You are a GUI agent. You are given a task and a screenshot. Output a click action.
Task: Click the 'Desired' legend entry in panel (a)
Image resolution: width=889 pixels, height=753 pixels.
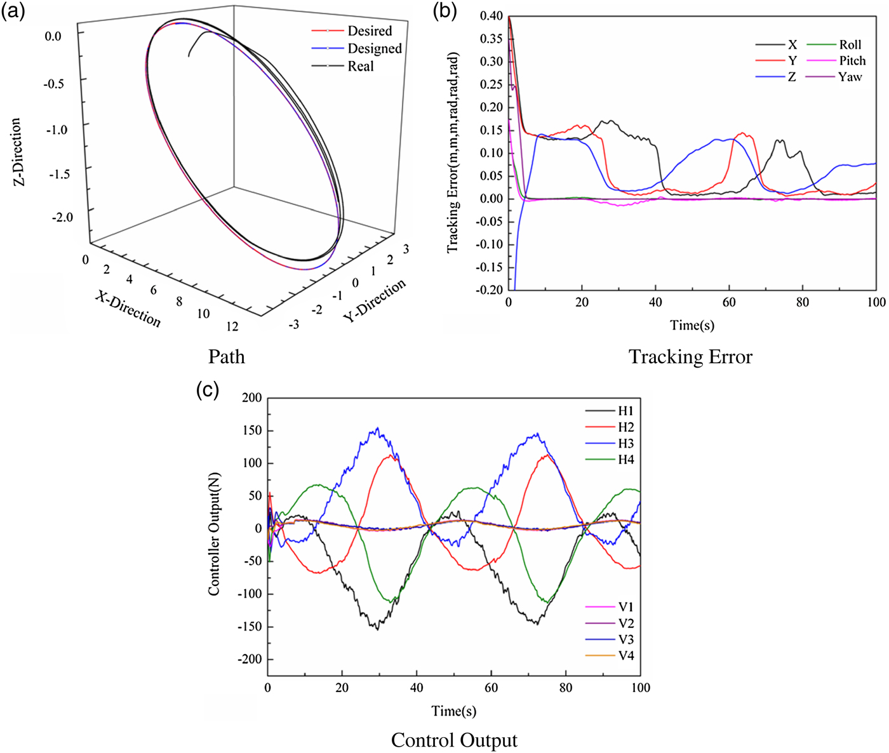click(x=369, y=31)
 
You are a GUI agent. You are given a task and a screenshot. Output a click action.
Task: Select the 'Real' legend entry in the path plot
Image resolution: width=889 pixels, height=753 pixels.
click(x=360, y=67)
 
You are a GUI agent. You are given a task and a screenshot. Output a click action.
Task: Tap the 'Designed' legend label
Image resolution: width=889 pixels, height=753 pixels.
click(x=374, y=49)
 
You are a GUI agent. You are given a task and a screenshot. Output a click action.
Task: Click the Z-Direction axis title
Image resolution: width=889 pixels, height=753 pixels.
click(x=17, y=152)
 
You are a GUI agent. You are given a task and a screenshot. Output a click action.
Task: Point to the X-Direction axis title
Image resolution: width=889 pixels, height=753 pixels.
click(x=128, y=309)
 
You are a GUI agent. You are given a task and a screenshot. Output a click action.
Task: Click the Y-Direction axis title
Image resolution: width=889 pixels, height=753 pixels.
click(x=375, y=300)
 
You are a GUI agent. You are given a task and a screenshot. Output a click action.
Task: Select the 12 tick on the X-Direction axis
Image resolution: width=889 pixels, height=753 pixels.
click(x=232, y=326)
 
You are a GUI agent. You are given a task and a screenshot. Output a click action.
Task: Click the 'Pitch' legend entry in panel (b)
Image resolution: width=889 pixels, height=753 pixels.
click(x=852, y=61)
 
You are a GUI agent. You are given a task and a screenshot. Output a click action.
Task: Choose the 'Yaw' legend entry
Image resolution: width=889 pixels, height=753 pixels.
click(x=850, y=77)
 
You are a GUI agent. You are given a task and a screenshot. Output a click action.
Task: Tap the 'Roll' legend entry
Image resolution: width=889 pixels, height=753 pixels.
click(x=850, y=44)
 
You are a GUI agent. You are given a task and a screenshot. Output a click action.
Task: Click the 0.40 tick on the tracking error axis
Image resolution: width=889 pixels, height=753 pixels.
click(x=491, y=16)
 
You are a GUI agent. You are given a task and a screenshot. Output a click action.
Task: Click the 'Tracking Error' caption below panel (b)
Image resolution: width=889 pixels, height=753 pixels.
click(x=690, y=357)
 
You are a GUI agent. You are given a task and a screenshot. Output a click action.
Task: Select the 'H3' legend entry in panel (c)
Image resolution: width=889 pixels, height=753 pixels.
click(x=625, y=444)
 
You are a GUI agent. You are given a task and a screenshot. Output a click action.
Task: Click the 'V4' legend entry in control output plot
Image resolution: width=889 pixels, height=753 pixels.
click(x=625, y=656)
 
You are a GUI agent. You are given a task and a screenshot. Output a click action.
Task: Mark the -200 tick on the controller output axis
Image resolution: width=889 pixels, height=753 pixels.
click(x=250, y=660)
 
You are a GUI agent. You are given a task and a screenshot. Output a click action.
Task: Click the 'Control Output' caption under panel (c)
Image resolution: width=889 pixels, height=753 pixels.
click(x=454, y=740)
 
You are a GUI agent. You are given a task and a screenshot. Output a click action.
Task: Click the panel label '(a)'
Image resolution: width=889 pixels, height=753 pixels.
click(x=13, y=12)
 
